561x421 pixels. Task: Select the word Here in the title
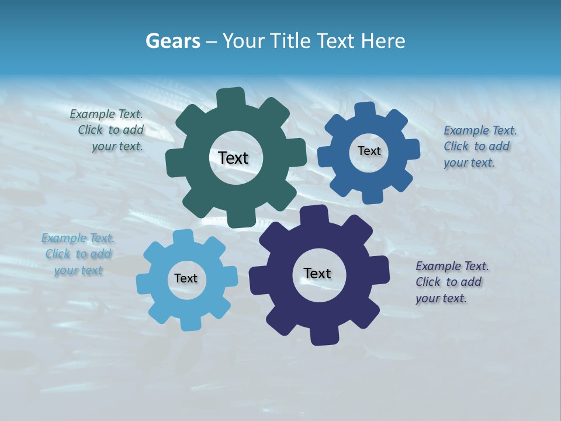pyautogui.click(x=383, y=41)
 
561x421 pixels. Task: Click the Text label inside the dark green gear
pyautogui.click(x=233, y=158)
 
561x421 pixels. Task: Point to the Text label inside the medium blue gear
pyautogui.click(x=369, y=151)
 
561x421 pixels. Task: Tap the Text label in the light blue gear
pyautogui.click(x=186, y=278)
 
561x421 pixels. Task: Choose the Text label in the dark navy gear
pyautogui.click(x=317, y=273)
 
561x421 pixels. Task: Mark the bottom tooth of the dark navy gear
pyautogui.click(x=322, y=336)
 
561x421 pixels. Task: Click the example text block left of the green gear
pyautogui.click(x=108, y=130)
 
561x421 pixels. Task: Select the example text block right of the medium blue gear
pyautogui.click(x=479, y=146)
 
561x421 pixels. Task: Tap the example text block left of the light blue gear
pyautogui.click(x=78, y=254)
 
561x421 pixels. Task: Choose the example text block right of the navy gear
pyautogui.click(x=451, y=282)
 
